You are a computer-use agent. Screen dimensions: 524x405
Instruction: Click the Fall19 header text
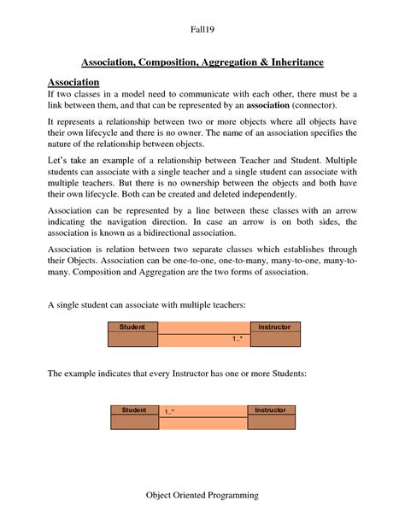pos(202,30)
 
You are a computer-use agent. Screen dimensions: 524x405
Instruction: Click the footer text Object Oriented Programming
pos(202,496)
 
